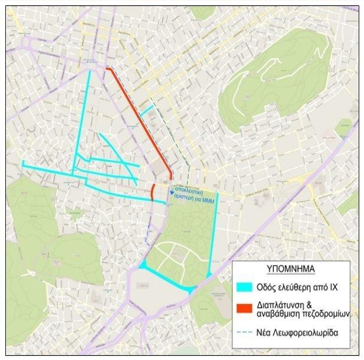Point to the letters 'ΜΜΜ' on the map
[x=210, y=202]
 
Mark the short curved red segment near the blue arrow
[x=152, y=192]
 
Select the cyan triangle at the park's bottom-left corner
[x=143, y=266]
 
